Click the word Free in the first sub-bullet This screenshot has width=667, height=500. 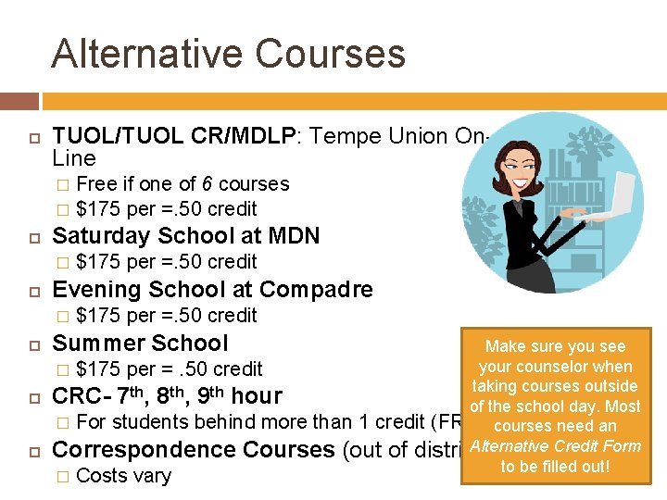coord(96,184)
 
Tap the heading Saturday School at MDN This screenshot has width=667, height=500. coord(185,236)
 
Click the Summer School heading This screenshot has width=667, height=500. coord(140,344)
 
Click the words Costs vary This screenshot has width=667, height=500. coord(123,476)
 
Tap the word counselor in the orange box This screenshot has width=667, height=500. coord(556,367)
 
